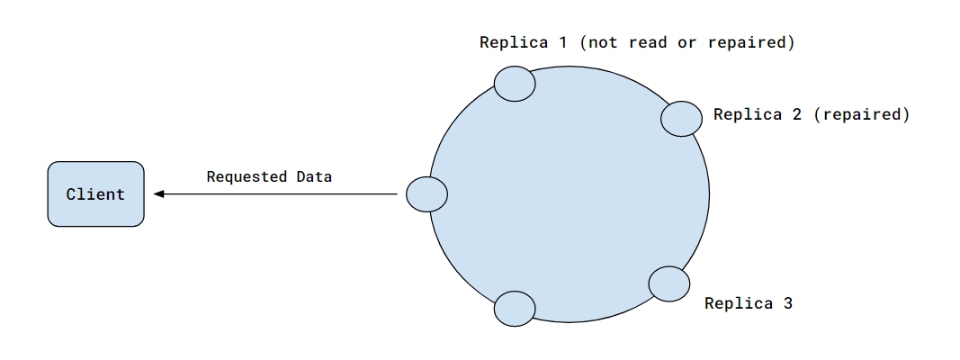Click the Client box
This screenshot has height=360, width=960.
(x=95, y=193)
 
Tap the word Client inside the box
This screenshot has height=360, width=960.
(x=95, y=194)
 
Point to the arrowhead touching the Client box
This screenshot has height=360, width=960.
(x=158, y=193)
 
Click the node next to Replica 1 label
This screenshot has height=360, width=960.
(x=515, y=83)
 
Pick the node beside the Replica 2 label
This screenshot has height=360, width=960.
(x=682, y=118)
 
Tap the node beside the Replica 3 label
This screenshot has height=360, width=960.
(x=669, y=283)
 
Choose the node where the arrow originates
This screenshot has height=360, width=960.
(x=426, y=193)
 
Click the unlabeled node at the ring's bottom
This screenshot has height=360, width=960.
(x=516, y=308)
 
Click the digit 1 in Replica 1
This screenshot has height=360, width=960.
(x=562, y=42)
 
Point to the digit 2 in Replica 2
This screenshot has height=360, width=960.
(x=796, y=114)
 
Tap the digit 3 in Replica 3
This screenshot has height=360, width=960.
(x=788, y=302)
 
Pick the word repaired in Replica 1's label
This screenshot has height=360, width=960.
(x=754, y=42)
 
